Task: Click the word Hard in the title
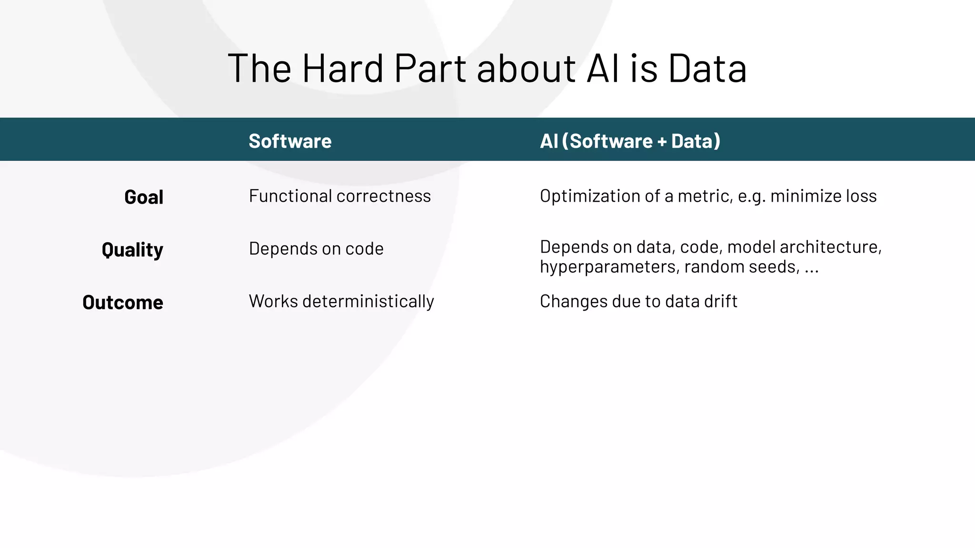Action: pos(342,68)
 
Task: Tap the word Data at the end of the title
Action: pos(707,68)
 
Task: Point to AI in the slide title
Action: pos(604,68)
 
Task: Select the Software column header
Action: pos(290,141)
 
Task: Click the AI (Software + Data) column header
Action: pos(630,141)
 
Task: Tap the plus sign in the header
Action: pos(662,142)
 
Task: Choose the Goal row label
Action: pos(144,197)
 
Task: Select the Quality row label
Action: pos(132,250)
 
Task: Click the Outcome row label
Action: pos(123,303)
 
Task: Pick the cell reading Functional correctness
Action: pos(339,196)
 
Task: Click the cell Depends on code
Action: pos(316,249)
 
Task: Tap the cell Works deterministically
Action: pos(341,302)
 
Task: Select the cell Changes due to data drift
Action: pos(638,302)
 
